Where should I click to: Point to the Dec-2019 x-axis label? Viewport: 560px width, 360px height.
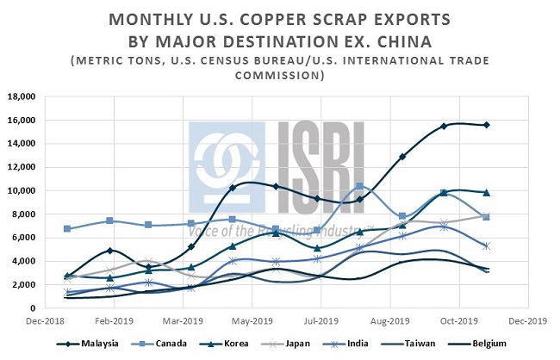(x=526, y=320)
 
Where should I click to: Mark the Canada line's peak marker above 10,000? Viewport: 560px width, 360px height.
(x=359, y=186)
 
